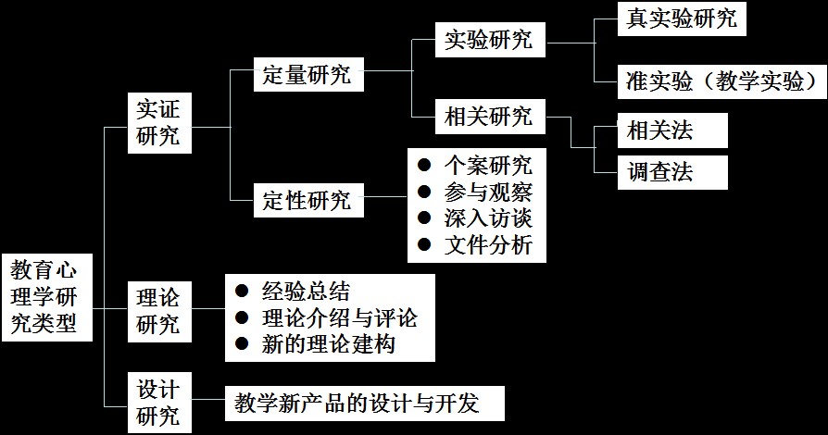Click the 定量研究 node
pyautogui.click(x=307, y=75)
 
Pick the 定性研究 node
pyautogui.click(x=307, y=199)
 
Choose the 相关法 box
pyautogui.click(x=671, y=131)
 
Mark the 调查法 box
pyautogui.click(x=671, y=172)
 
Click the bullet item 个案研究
pyautogui.click(x=487, y=167)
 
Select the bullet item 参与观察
pyautogui.click(x=487, y=193)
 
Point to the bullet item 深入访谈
pyautogui.click(x=487, y=219)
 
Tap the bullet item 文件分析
pyautogui.click(x=487, y=246)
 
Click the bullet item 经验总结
pyautogui.click(x=306, y=292)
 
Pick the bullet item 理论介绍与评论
pyautogui.click(x=339, y=318)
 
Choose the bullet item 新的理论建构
pyautogui.click(x=328, y=345)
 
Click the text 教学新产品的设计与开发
pyautogui.click(x=357, y=404)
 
